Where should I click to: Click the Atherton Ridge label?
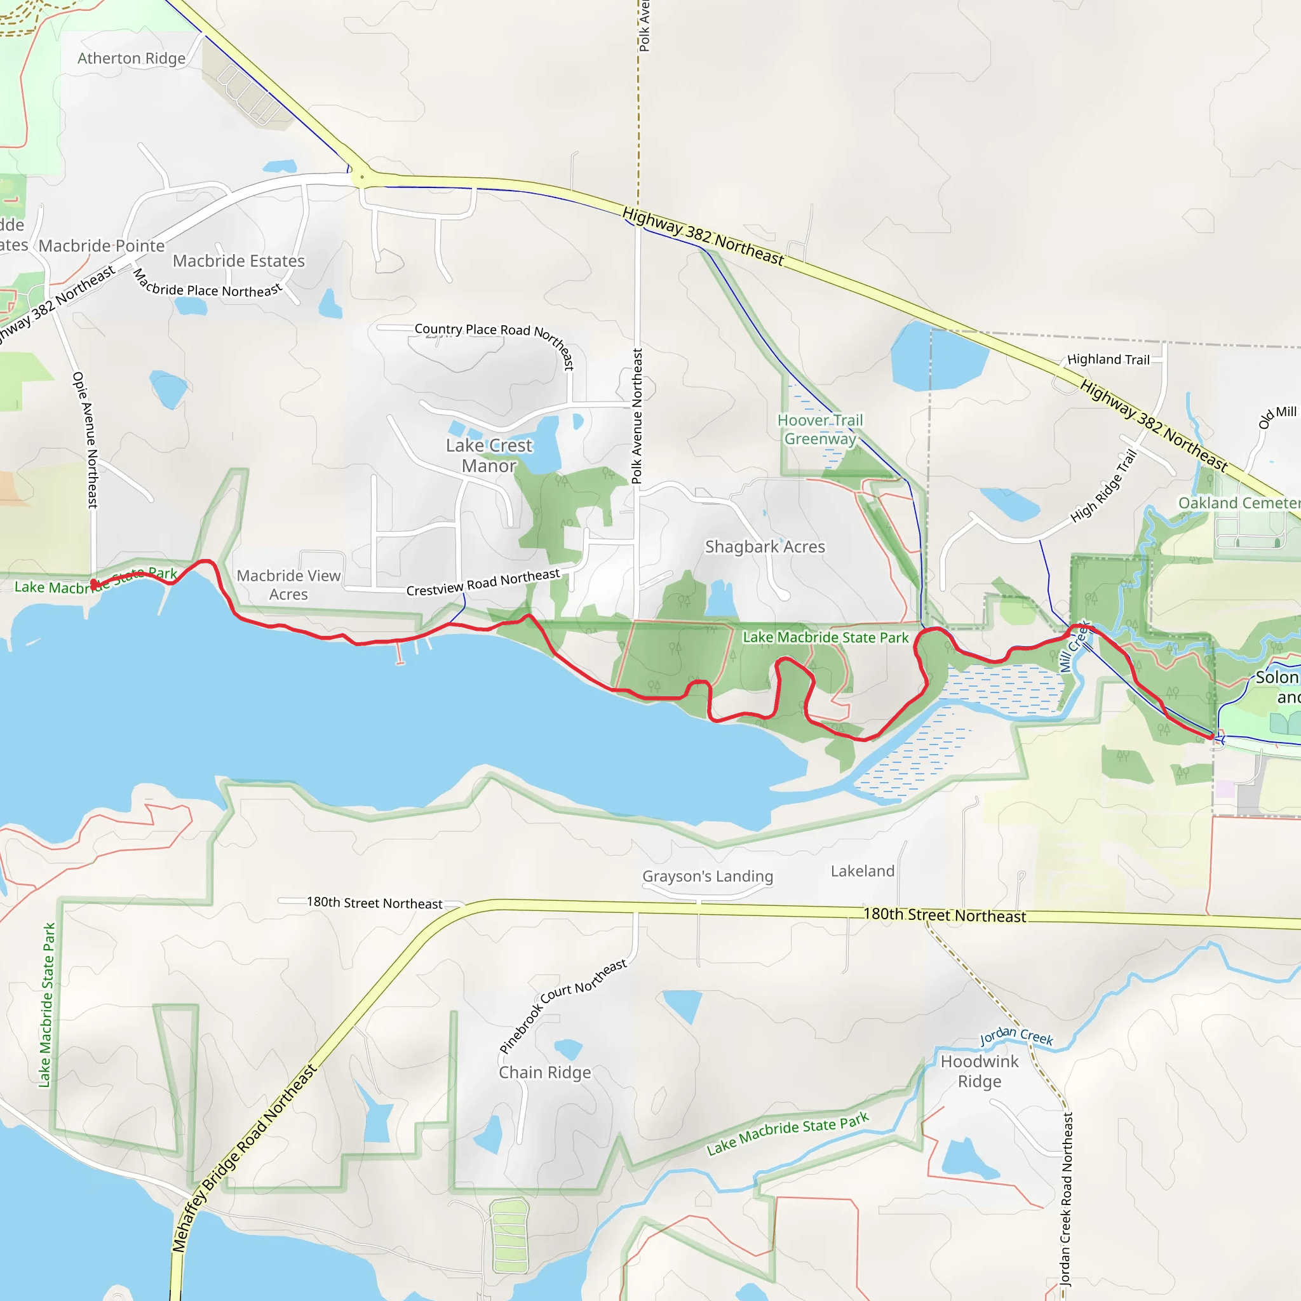131,58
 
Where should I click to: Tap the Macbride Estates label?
238,260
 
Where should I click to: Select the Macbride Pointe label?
102,246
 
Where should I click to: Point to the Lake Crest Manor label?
489,455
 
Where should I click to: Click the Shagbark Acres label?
765,547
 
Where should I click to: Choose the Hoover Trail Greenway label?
819,429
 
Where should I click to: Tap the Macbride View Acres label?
288,584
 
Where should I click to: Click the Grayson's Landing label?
707,876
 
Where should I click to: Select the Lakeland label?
862,872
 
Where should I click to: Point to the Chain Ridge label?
545,1072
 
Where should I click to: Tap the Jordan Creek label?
1016,1036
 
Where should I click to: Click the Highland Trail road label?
1109,360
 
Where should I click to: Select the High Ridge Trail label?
1103,485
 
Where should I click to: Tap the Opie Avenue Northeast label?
86,440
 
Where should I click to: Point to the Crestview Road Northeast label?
483,583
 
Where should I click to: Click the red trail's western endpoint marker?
93,583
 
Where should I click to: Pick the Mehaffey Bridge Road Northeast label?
244,1158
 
